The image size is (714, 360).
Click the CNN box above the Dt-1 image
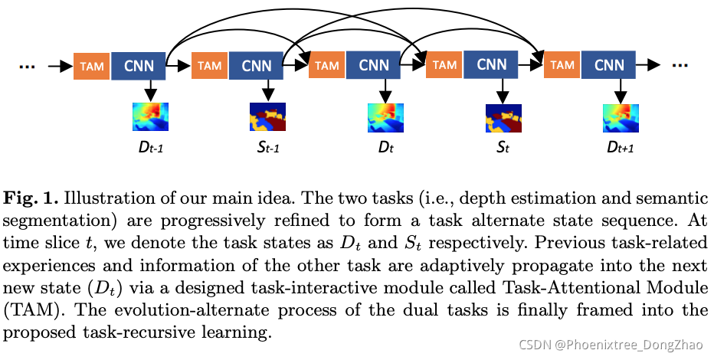[139, 66]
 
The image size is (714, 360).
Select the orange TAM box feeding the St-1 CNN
[209, 66]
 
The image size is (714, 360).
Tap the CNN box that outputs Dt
[374, 66]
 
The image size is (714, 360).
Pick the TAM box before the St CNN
[445, 66]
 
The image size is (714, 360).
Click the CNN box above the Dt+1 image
[610, 66]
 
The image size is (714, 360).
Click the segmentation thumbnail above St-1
[267, 117]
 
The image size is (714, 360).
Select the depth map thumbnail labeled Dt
[385, 117]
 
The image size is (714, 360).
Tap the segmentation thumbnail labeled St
[503, 117]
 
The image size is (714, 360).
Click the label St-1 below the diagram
[267, 147]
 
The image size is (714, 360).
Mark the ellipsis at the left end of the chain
[28, 67]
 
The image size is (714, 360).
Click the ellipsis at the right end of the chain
[680, 67]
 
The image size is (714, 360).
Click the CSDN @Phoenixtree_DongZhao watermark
[611, 344]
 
